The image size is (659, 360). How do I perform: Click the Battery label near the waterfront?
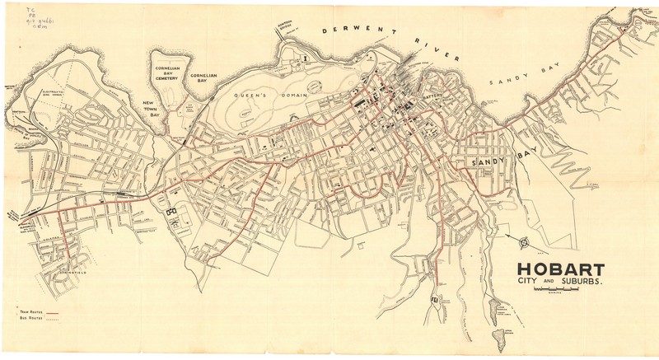tap(434, 97)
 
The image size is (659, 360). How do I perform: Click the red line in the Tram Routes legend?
tap(54, 315)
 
